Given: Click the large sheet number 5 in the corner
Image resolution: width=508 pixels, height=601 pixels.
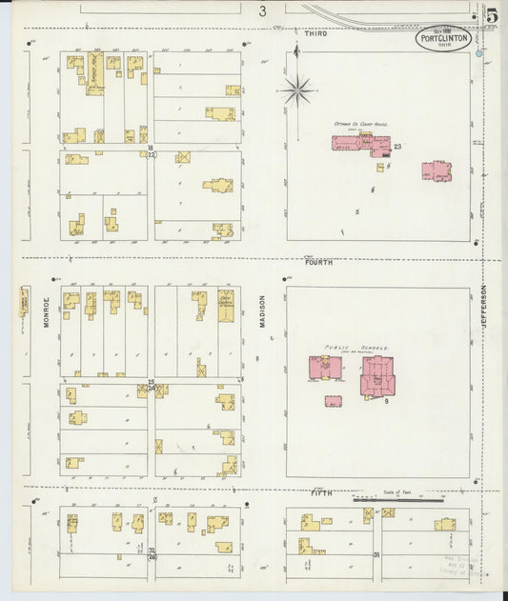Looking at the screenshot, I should coord(492,14).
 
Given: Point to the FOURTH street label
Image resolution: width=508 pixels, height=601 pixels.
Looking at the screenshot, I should coord(319,262).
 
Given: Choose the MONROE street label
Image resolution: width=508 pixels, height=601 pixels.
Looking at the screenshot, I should coord(45,313).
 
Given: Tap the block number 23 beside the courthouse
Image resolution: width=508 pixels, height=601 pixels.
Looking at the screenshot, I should coord(397,147).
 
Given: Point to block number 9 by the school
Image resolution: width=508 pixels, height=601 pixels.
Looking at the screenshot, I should coord(386,402).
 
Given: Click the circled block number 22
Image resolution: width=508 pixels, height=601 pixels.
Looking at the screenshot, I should coord(151,155).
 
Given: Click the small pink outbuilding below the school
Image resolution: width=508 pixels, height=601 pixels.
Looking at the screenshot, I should coord(333,402).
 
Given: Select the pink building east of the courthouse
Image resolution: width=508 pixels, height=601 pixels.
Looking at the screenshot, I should coord(437,171).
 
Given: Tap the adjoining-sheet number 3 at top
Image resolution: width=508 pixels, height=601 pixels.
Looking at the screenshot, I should coord(261,11).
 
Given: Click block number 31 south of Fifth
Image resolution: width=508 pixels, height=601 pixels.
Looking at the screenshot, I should coord(376,554).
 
